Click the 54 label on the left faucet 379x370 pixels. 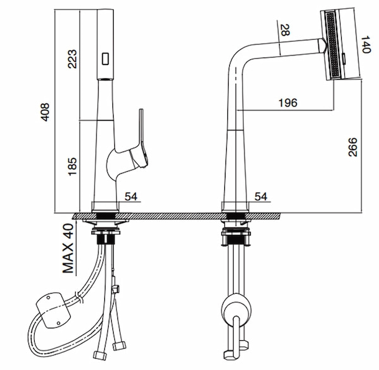point(131,196)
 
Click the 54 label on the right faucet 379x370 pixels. point(261,196)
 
